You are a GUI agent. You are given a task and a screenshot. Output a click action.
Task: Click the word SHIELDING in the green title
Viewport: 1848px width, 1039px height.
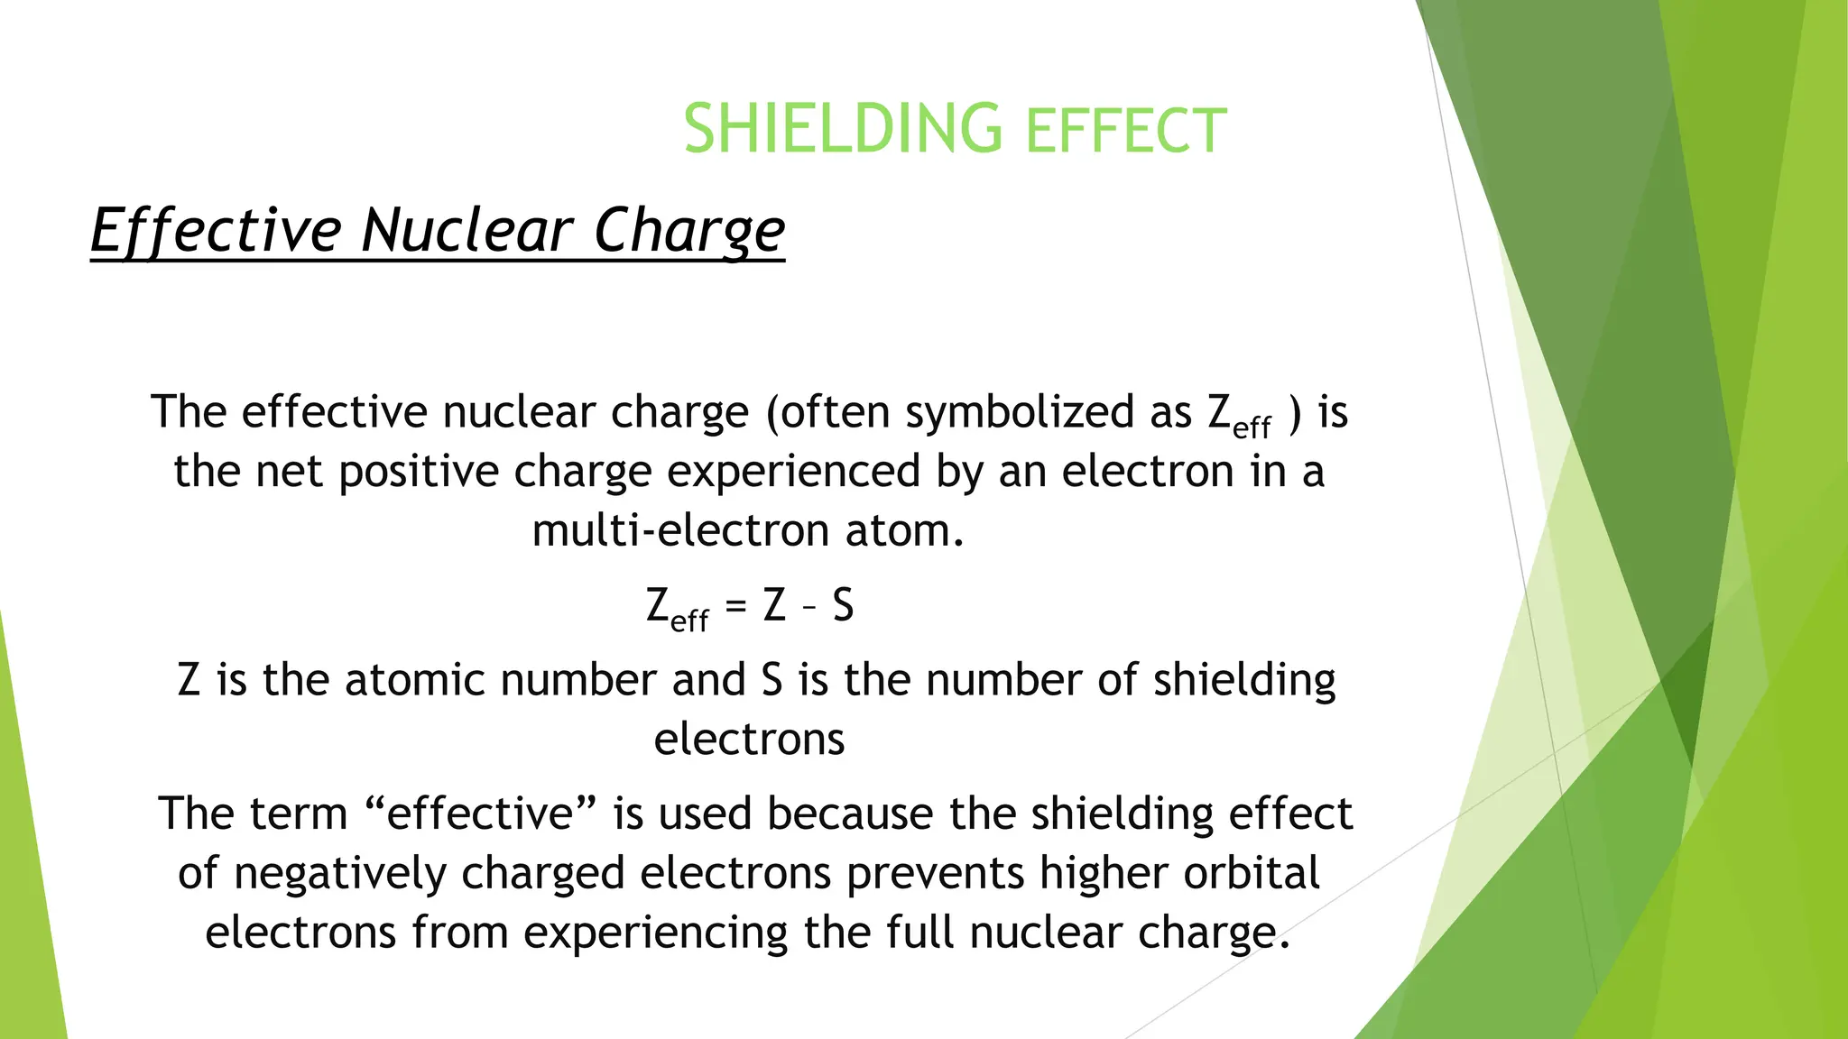842,129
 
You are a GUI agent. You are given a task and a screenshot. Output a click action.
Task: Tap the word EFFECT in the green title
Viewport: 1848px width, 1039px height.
1126,131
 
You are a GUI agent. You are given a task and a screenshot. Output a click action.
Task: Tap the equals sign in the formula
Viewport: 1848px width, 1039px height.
737,604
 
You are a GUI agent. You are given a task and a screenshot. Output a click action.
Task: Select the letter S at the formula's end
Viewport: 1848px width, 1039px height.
843,604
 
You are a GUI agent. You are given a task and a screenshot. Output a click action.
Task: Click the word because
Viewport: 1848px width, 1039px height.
849,814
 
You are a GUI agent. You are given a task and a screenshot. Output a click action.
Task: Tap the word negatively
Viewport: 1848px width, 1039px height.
340,873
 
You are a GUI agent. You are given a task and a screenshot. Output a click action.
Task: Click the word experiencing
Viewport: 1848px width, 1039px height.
656,933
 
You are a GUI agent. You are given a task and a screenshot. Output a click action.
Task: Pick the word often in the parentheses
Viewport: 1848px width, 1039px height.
834,412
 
